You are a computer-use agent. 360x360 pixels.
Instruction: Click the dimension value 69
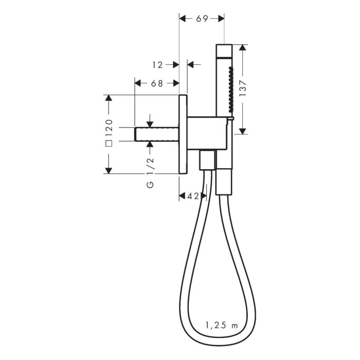202,19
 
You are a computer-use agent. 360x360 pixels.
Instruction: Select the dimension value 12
158,65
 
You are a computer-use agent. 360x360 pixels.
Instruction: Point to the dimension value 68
157,83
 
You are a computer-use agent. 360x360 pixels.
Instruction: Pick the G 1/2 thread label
150,172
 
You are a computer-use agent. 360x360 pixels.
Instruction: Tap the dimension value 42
193,196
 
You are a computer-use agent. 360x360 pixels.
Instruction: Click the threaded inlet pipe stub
156,134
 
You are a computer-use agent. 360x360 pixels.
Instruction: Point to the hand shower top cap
224,50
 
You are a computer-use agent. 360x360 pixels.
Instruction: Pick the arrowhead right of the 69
221,19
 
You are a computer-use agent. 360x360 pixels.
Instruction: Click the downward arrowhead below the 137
242,131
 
